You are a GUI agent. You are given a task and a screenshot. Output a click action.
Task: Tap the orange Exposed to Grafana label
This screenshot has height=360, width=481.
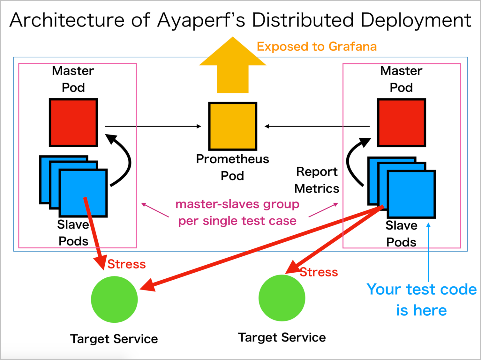pyautogui.click(x=317, y=47)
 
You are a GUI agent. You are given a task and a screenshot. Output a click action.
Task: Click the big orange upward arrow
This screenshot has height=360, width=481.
pyautogui.click(x=232, y=65)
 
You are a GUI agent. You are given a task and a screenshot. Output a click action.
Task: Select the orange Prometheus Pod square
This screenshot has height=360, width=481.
pyautogui.click(x=232, y=126)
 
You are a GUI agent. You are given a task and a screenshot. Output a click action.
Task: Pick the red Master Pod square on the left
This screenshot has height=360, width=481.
pyautogui.click(x=73, y=122)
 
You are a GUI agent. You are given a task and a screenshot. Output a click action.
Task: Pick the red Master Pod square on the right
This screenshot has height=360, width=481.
pyautogui.click(x=402, y=122)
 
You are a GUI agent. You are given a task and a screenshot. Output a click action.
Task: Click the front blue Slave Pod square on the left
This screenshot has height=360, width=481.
pyautogui.click(x=83, y=193)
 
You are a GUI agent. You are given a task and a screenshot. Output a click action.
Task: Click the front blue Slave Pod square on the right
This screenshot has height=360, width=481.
pyautogui.click(x=411, y=194)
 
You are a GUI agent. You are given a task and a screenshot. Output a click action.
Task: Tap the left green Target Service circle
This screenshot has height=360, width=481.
pyautogui.click(x=114, y=299)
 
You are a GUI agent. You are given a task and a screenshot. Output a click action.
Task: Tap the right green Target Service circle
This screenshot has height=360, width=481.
pyautogui.click(x=282, y=298)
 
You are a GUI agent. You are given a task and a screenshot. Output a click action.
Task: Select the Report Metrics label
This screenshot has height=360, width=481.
pyautogui.click(x=317, y=180)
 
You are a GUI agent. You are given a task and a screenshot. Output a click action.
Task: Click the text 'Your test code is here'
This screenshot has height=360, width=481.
pyautogui.click(x=421, y=300)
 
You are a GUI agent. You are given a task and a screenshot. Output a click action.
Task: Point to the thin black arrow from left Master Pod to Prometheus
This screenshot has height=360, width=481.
pyautogui.click(x=153, y=126)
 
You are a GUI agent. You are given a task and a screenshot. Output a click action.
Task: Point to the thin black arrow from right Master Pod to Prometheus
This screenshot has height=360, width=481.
pyautogui.click(x=317, y=126)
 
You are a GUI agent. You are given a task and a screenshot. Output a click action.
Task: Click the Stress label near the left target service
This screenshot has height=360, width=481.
pyautogui.click(x=126, y=264)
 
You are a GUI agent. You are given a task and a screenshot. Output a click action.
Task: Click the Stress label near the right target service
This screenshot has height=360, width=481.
pyautogui.click(x=319, y=272)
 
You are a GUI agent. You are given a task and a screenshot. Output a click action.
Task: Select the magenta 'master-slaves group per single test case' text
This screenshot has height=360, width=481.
pyautogui.click(x=237, y=212)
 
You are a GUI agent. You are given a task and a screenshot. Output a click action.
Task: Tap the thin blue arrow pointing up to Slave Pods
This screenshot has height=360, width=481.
pyautogui.click(x=428, y=252)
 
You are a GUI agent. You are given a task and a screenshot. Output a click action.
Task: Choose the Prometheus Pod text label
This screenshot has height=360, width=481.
pyautogui.click(x=232, y=167)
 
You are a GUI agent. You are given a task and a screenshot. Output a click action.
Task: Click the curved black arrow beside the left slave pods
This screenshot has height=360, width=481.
pyautogui.click(x=130, y=162)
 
